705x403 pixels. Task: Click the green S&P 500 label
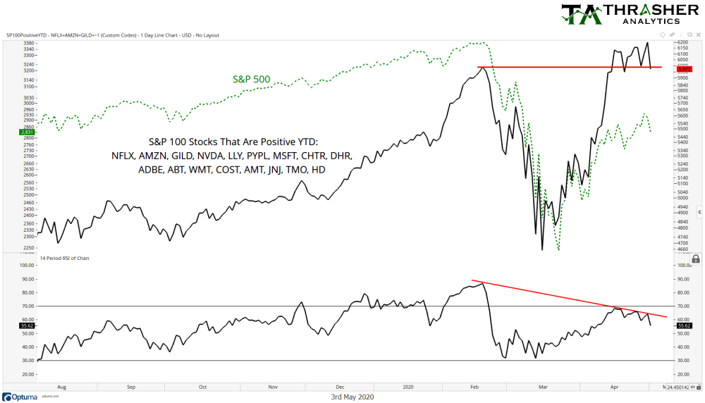tap(251, 79)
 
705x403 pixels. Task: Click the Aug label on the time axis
tap(62, 387)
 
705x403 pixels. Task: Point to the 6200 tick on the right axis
tap(682, 43)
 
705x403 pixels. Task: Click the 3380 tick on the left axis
tap(30, 43)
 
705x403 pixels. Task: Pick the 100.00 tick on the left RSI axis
tap(27, 266)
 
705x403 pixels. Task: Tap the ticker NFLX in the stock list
tap(123, 155)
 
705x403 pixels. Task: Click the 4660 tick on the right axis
tap(682, 249)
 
